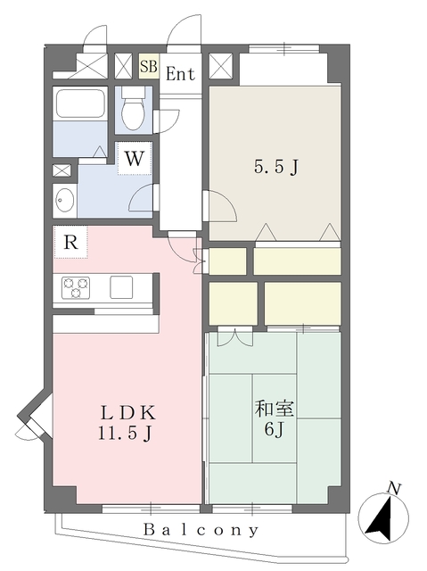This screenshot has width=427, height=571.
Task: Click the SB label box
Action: (x=149, y=67)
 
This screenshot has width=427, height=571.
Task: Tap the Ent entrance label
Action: (x=180, y=74)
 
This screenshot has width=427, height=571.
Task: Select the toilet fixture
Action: (x=133, y=109)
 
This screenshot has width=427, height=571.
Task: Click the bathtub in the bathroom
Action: (x=80, y=103)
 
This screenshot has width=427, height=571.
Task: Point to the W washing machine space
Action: (x=135, y=158)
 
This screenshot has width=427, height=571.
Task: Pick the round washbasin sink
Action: (x=65, y=200)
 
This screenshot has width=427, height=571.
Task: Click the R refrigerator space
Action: (x=71, y=242)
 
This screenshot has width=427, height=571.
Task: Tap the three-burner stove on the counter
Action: (x=76, y=287)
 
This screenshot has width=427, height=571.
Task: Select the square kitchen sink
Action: (x=121, y=287)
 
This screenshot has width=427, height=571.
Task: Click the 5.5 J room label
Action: (x=276, y=168)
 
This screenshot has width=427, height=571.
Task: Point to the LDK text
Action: (x=128, y=413)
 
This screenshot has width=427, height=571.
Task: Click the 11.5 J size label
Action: (x=125, y=434)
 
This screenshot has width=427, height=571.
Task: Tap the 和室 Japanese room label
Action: (x=275, y=410)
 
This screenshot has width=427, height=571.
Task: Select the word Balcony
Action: (x=201, y=529)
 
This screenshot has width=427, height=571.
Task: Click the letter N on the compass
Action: (x=394, y=488)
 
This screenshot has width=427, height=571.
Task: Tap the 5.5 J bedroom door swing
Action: (x=220, y=206)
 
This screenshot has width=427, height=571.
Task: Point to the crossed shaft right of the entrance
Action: (x=221, y=66)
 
